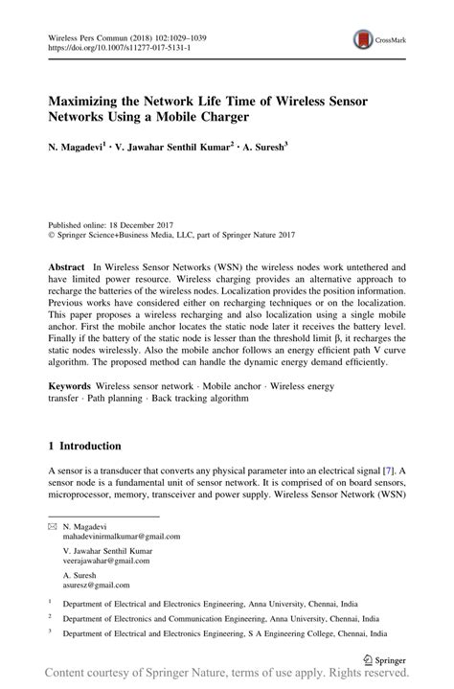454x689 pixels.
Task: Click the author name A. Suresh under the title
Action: [x=261, y=151]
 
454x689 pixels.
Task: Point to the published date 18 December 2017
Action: [x=142, y=219]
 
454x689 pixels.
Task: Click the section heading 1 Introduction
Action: [x=84, y=446]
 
